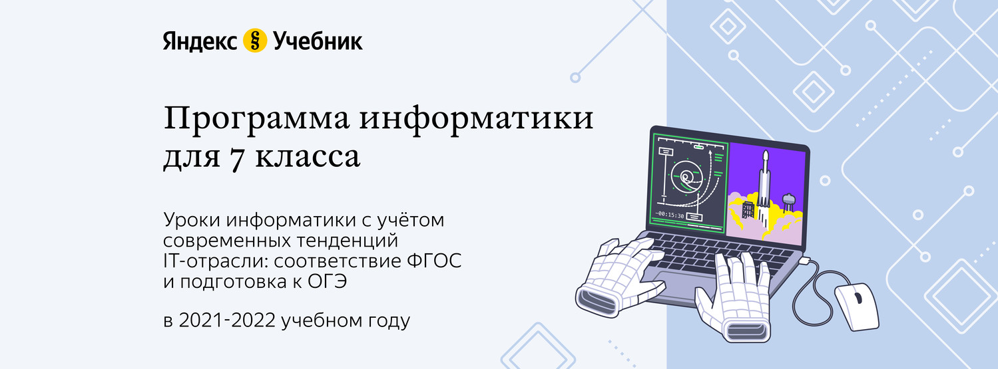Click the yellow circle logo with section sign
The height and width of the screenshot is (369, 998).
(x=255, y=41)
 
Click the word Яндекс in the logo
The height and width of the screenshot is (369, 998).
(x=200, y=41)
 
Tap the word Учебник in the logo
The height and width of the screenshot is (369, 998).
(x=318, y=41)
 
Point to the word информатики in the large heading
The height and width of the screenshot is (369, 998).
(x=476, y=119)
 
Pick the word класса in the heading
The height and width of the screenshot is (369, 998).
(x=308, y=157)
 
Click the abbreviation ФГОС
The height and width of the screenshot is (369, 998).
(x=434, y=261)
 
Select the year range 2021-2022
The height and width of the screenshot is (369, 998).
(x=227, y=320)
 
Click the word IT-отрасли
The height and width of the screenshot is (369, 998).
(x=216, y=261)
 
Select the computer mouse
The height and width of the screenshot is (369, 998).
(x=857, y=307)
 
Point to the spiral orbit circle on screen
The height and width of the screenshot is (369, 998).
(x=687, y=177)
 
